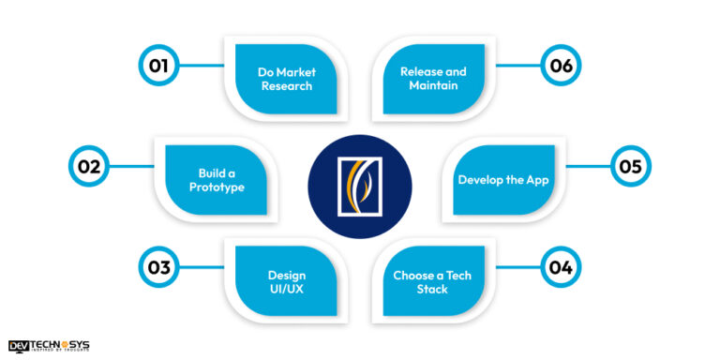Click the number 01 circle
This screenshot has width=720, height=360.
tap(157, 67)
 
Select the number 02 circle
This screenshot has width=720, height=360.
tap(88, 168)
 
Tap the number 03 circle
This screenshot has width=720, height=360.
tap(157, 267)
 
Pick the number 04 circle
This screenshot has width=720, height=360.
tap(561, 267)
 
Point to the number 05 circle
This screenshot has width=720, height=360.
tap(630, 168)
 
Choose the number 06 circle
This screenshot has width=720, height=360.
tap(561, 67)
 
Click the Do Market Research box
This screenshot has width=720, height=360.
tap(285, 79)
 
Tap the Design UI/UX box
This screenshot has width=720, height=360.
tap(285, 281)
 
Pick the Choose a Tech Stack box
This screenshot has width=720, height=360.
tap(434, 281)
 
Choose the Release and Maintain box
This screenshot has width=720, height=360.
tap(434, 79)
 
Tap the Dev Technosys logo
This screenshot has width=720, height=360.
tap(49, 346)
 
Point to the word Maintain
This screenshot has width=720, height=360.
tap(432, 86)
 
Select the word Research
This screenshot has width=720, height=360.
tap(286, 86)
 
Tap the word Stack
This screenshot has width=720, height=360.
tap(433, 290)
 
